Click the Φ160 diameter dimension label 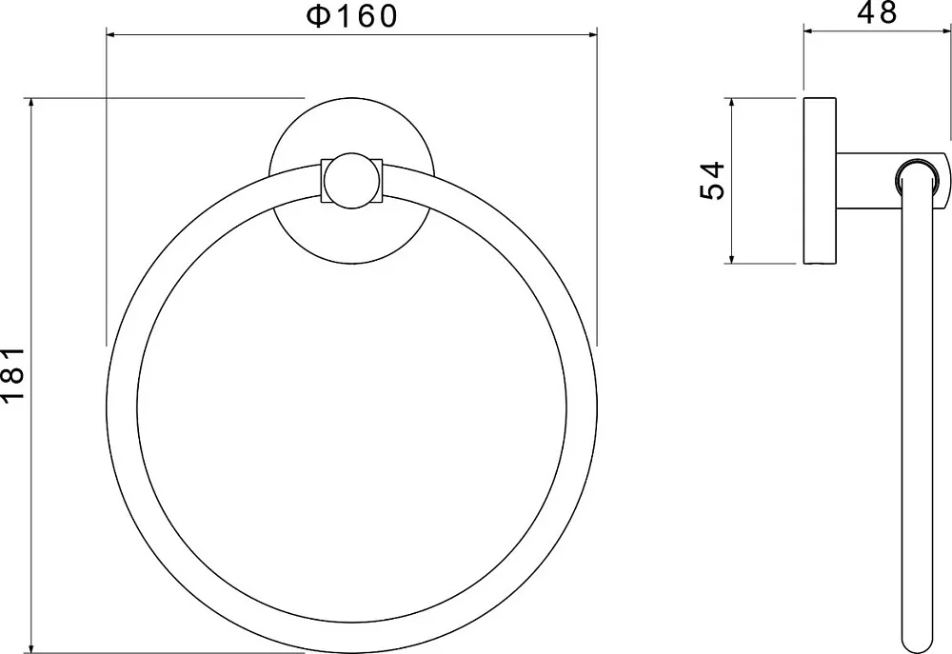pos(351,16)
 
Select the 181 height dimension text pos(12,374)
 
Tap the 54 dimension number pos(713,180)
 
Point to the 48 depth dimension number pos(877,12)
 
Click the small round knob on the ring pos(352,181)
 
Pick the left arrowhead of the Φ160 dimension pos(114,35)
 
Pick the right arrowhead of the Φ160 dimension pos(589,35)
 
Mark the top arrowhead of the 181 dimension pos(31,105)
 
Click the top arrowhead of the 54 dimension pos(732,105)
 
